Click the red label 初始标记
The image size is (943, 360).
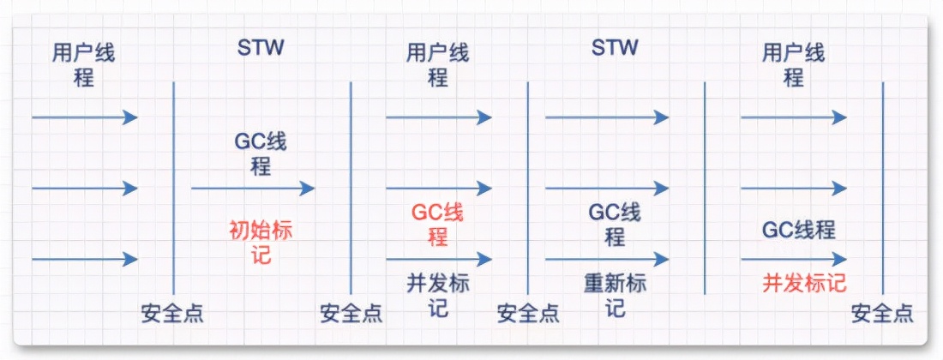pyautogui.click(x=261, y=243)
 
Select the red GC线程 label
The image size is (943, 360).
pyautogui.click(x=438, y=225)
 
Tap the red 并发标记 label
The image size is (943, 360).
pyautogui.click(x=804, y=284)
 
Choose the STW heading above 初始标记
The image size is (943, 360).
pyautogui.click(x=261, y=46)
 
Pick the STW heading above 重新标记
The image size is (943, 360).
pyautogui.click(x=615, y=46)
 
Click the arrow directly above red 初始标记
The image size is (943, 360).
pyautogui.click(x=253, y=188)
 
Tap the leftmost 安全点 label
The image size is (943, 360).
pyautogui.click(x=172, y=314)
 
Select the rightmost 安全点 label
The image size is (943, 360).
pyautogui.click(x=882, y=314)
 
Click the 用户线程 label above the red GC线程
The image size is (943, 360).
pyautogui.click(x=438, y=66)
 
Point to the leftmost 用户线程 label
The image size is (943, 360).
pyautogui.click(x=83, y=66)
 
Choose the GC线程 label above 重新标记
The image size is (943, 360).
pyautogui.click(x=615, y=225)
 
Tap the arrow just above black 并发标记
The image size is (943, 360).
pyautogui.click(x=439, y=258)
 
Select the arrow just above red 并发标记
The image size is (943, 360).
pyautogui.click(x=794, y=258)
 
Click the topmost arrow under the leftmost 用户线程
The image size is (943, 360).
pyautogui.click(x=84, y=117)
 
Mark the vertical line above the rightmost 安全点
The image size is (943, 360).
pyautogui.click(x=882, y=189)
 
